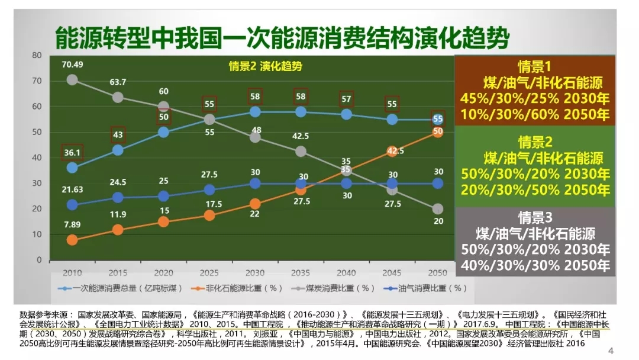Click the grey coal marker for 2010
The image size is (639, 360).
click(72, 80)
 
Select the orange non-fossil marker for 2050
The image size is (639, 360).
click(438, 132)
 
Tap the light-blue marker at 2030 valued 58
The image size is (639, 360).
click(255, 112)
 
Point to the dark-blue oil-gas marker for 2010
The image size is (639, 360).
click(72, 205)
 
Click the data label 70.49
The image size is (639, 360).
click(72, 65)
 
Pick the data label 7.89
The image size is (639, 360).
click(72, 225)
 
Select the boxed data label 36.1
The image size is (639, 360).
click(72, 152)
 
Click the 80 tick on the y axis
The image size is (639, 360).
click(37, 56)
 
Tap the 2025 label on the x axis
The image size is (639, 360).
click(209, 273)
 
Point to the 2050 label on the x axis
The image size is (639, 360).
click(438, 273)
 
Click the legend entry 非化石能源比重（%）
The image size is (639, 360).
click(234, 288)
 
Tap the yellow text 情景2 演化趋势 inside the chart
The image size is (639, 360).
click(265, 67)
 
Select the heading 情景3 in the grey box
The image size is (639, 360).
click(534, 217)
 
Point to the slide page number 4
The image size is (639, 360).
click(611, 351)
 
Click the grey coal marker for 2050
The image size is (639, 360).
click(438, 209)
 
